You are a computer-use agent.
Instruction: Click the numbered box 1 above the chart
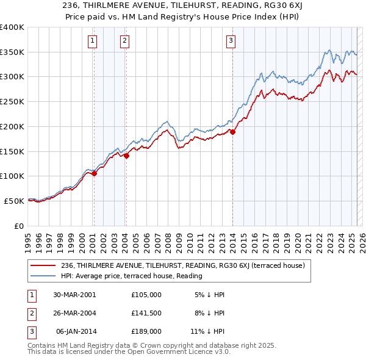coord(92,41)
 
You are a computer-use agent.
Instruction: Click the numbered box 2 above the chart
coord(124,41)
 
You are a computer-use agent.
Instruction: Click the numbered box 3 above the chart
coord(231,41)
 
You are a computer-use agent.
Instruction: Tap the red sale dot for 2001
coord(95,174)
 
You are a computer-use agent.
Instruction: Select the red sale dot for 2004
coord(126,156)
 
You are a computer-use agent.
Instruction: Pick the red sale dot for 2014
coord(232,132)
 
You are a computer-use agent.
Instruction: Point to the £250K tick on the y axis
coord(12,101)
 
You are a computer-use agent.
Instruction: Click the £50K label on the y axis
coord(14,201)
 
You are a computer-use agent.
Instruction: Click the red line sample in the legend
coord(43,265)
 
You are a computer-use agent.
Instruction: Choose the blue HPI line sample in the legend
coord(43,276)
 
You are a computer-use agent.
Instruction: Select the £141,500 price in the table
coord(146,313)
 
